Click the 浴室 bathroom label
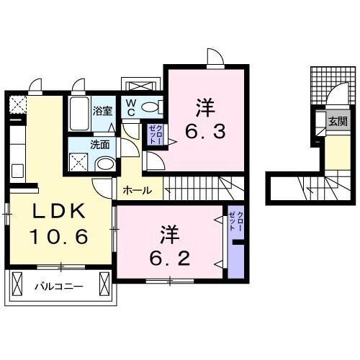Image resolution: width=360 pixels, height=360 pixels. (103, 112)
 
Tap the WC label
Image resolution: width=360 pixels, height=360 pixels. (131, 108)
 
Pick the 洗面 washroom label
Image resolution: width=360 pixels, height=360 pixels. (100, 144)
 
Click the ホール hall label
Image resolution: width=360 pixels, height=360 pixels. (138, 191)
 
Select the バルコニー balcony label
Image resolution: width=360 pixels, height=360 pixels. (59, 287)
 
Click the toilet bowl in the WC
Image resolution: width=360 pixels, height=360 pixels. (151, 108)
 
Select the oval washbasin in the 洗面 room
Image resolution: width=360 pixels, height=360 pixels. (104, 164)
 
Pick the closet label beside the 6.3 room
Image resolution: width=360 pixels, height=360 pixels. (154, 134)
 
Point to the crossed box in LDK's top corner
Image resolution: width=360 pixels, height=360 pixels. (17, 104)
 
